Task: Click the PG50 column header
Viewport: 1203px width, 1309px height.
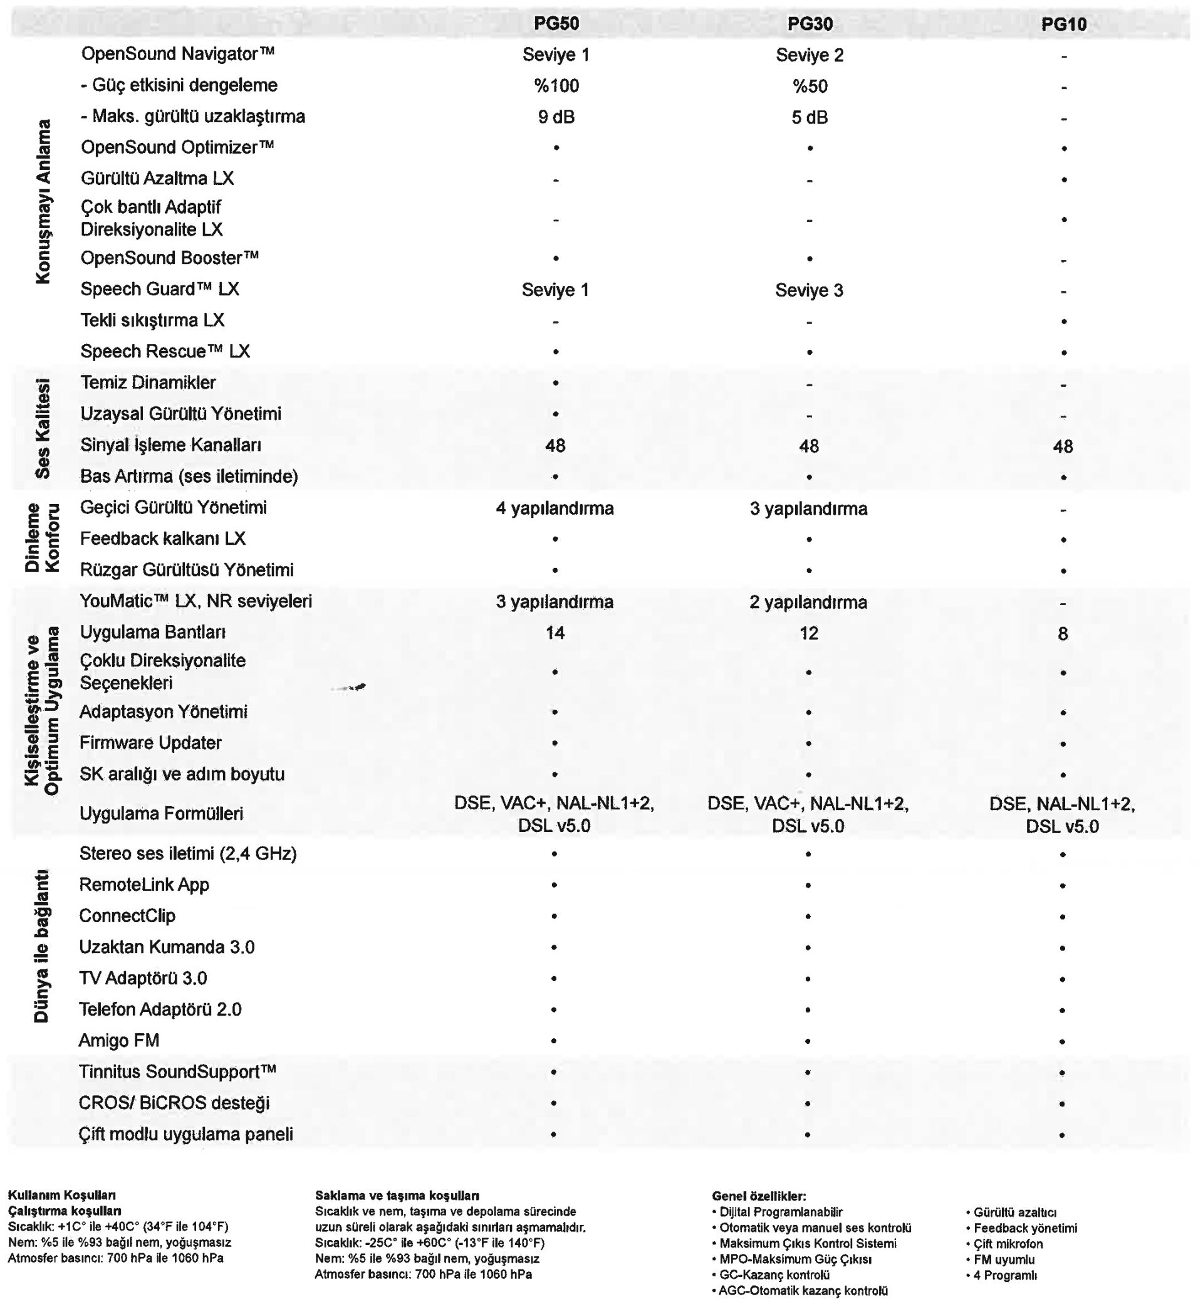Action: (x=556, y=24)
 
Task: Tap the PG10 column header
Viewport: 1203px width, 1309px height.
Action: (x=1064, y=24)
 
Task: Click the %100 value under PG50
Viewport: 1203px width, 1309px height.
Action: (x=556, y=86)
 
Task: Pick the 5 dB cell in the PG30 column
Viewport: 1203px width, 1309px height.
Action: (x=810, y=117)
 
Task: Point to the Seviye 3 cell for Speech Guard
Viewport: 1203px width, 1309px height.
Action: (x=809, y=290)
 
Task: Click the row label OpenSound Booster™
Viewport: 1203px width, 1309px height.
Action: (x=170, y=258)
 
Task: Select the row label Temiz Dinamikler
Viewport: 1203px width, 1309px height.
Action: (x=148, y=382)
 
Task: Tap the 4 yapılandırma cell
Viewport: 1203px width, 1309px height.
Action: (x=555, y=508)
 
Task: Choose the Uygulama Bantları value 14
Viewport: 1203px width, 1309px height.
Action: (x=555, y=633)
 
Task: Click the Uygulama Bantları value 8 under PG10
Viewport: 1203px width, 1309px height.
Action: (x=1063, y=634)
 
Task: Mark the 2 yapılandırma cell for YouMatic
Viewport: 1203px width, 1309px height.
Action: (x=808, y=602)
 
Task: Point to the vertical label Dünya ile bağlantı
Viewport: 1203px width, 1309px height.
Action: (x=41, y=945)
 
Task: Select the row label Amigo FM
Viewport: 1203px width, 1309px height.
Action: (x=118, y=1040)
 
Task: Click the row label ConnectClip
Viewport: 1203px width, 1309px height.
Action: (x=127, y=916)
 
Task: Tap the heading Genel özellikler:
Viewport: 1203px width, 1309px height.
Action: (x=759, y=1196)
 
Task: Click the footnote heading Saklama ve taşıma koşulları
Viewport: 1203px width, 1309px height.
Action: (x=397, y=1195)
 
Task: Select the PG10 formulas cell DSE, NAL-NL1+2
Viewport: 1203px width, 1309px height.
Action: (x=1063, y=815)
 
